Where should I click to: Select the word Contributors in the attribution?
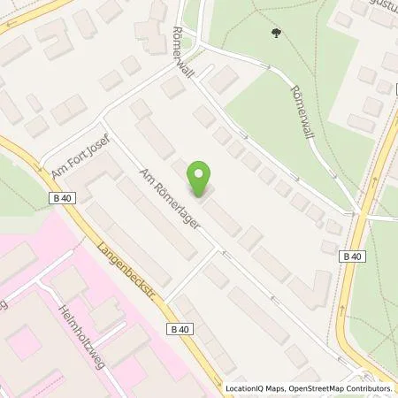click(371, 387)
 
